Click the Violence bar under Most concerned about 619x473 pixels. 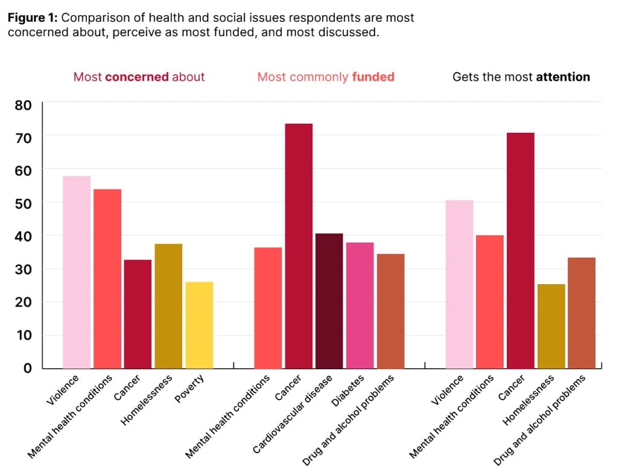[x=77, y=272]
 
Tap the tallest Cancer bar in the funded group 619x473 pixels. [x=299, y=246]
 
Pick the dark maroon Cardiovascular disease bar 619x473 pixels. [x=329, y=300]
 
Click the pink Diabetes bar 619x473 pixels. [x=360, y=305]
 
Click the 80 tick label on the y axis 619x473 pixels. [x=23, y=105]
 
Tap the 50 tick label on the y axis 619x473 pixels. [x=23, y=203]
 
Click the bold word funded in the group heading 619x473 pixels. [x=373, y=77]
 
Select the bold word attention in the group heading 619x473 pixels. [x=563, y=77]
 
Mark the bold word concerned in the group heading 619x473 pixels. [x=137, y=77]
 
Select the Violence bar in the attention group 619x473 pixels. [x=459, y=284]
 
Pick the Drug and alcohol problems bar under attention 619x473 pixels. [x=582, y=313]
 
